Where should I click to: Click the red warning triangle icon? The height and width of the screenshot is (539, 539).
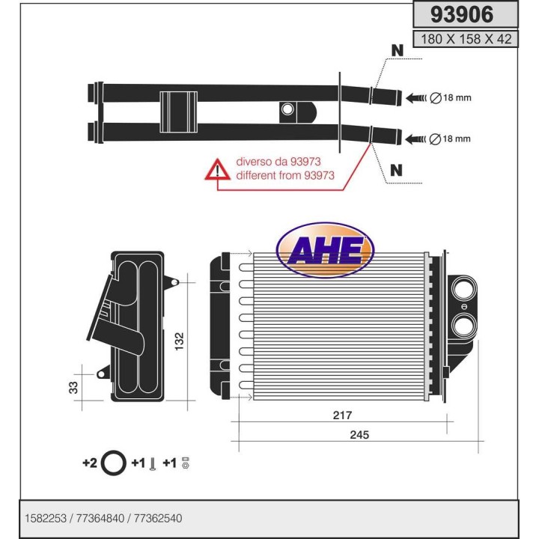tap(217, 170)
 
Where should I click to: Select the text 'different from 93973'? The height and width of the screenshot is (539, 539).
tap(284, 177)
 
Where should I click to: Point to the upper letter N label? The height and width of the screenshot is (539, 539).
tap(396, 51)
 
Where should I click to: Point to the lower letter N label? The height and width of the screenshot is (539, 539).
tap(396, 171)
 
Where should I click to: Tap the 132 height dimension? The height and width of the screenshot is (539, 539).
tap(179, 341)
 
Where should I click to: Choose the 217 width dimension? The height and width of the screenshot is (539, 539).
tap(343, 415)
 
